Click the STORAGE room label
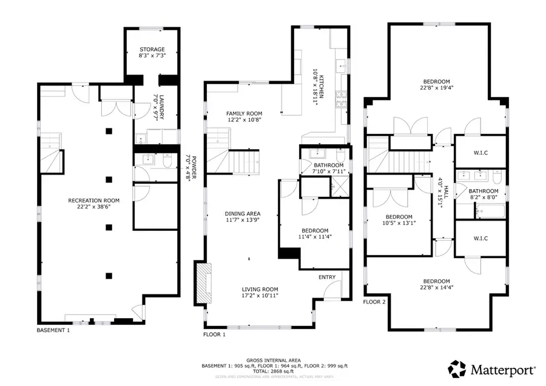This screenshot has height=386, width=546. (152, 50)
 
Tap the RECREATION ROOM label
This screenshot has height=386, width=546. (93, 201)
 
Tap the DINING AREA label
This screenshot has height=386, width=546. (243, 213)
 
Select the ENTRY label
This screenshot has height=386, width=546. (327, 278)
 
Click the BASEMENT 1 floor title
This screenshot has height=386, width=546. (54, 330)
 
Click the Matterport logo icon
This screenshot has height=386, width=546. (457, 368)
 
